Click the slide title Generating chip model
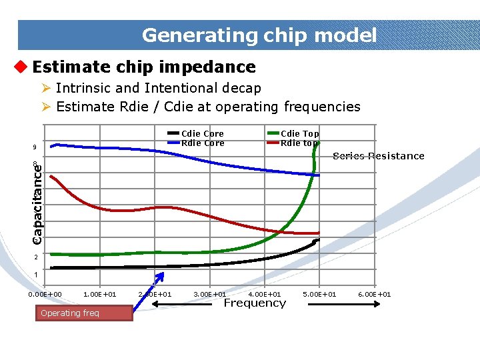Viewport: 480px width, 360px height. (259, 35)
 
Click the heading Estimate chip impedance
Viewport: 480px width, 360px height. (143, 67)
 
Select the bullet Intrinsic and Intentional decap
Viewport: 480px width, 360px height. (158, 88)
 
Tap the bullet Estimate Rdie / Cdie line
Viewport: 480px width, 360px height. (208, 107)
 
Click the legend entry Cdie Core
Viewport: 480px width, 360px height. (203, 134)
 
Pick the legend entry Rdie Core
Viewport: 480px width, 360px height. (203, 143)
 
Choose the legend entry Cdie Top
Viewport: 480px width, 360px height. (299, 134)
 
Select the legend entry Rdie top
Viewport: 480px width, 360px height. (299, 143)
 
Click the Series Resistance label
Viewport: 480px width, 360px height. (378, 156)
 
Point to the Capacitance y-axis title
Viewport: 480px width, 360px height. (39, 199)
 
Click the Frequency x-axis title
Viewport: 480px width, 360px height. (254, 303)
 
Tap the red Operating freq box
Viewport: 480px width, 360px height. (83, 313)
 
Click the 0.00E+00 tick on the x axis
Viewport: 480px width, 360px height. (45, 295)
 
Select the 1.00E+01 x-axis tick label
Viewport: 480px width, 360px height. (100, 295)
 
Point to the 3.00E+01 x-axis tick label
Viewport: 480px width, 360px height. (210, 295)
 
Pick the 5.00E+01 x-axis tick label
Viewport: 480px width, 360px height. (320, 295)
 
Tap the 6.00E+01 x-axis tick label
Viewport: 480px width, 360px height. (375, 295)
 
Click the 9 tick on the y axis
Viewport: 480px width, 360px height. (34, 148)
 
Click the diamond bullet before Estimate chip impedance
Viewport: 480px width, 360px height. (21, 67)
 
